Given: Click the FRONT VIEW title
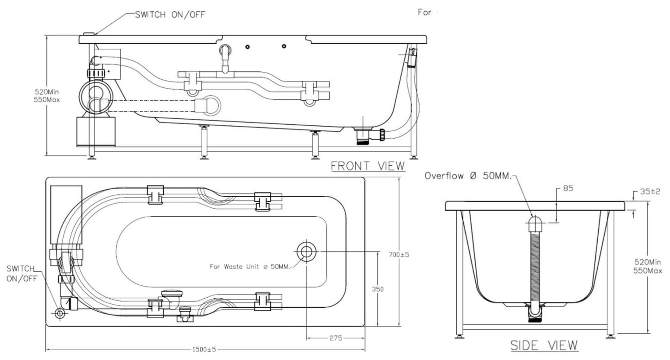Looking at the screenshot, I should [368, 166].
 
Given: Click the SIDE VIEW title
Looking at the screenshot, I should [544, 345].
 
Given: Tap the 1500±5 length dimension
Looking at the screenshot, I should [204, 349].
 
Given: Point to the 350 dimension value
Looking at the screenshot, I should [378, 289].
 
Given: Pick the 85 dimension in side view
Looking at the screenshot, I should [568, 188].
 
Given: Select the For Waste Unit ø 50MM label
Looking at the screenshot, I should [249, 266].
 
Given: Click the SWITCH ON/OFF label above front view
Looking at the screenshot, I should [169, 14].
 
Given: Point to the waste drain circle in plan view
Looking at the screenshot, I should [306, 251].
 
